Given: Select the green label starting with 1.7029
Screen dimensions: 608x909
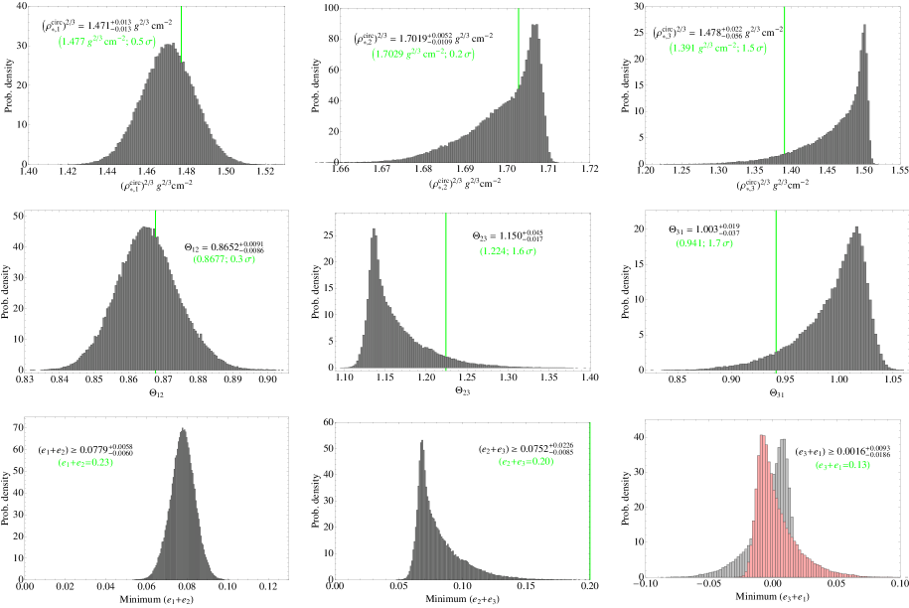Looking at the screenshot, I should coord(423,54).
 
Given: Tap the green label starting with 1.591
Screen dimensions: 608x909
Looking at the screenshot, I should coord(717,47).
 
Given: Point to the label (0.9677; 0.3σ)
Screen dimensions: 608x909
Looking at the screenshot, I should coord(224,259).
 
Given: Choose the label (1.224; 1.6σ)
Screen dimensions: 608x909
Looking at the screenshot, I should coord(508,251).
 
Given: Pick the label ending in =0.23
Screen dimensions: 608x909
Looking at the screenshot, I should coord(85,462).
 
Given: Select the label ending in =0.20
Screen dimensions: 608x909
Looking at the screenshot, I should coord(526,461).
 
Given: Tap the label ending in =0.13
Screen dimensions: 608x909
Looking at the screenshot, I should coord(842,465).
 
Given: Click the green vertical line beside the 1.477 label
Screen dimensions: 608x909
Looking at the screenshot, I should coord(181,30).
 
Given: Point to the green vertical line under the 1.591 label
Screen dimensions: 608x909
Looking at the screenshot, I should coord(785,99).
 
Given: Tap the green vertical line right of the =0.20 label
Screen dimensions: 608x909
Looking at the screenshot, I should coord(590,497).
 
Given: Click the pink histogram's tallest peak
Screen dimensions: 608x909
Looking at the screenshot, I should coord(762,437).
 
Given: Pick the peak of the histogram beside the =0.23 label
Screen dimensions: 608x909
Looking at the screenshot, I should coord(183,429).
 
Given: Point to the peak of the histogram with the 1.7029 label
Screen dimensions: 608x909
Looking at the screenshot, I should coord(536,26).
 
